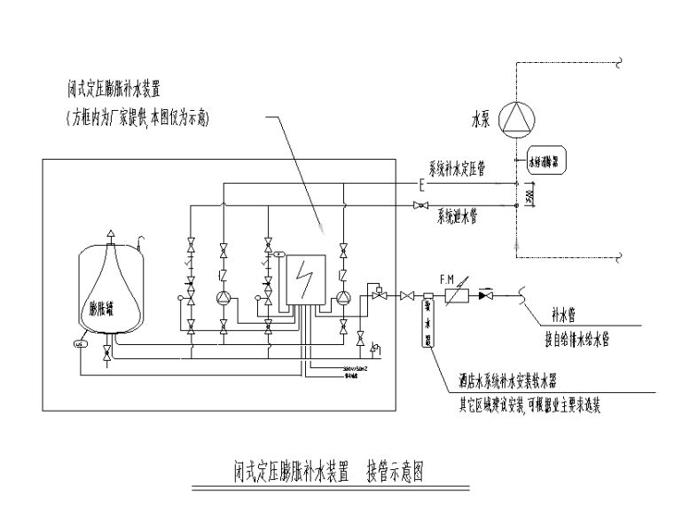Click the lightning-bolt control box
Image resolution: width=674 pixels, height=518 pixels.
click(303, 279)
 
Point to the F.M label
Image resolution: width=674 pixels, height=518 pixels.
click(445, 278)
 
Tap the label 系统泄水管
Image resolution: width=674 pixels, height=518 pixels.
click(457, 216)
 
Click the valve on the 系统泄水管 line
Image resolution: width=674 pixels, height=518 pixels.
click(419, 207)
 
